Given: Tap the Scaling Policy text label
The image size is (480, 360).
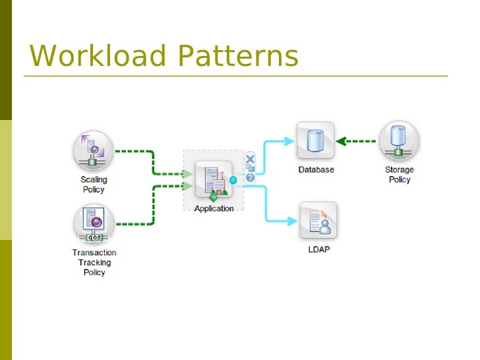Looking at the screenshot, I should [94, 184].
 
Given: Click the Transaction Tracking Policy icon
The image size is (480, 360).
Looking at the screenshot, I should [93, 222].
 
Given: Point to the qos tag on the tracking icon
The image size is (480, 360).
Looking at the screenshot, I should [94, 237].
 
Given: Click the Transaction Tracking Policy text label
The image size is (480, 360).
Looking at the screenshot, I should [94, 262].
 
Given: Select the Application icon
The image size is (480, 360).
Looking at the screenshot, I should [214, 179].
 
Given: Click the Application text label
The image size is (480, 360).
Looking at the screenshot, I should [214, 208].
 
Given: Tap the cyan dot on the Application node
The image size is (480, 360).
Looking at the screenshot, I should [233, 179].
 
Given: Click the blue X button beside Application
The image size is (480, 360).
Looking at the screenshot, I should [250, 159].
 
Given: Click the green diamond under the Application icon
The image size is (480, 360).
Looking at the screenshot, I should [213, 196].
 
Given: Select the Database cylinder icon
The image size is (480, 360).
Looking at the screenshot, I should [315, 140].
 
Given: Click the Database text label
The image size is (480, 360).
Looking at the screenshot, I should [316, 169].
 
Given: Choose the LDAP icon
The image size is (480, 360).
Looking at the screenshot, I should [318, 220].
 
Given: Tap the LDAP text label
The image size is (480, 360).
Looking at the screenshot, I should [318, 250].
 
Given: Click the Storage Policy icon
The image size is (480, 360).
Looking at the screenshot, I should [398, 140].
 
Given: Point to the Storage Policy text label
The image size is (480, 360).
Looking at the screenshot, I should [399, 174].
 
